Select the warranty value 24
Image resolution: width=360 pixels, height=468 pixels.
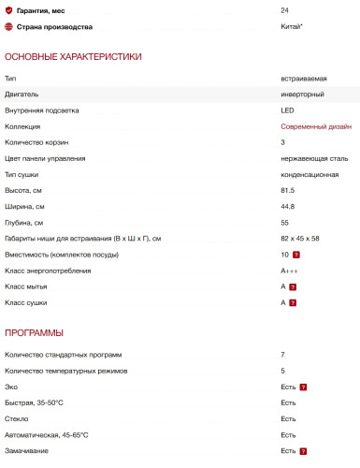coord(284,10)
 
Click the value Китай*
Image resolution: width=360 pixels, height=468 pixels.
coord(291,26)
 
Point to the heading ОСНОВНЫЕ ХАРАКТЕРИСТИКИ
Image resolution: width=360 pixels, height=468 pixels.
coord(73,57)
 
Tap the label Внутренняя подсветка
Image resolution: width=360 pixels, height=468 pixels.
coord(42,110)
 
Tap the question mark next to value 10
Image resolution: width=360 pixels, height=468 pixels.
coord(295,255)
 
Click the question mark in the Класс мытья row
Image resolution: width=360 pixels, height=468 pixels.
coord(293,286)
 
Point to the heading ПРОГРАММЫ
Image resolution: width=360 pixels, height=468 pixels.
coord(35,332)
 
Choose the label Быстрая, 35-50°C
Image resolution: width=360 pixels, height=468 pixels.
coord(39,402)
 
